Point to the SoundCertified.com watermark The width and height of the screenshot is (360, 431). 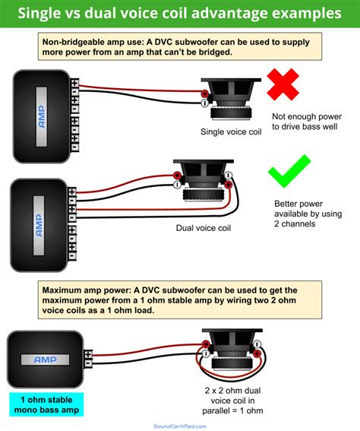tap(180, 426)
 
